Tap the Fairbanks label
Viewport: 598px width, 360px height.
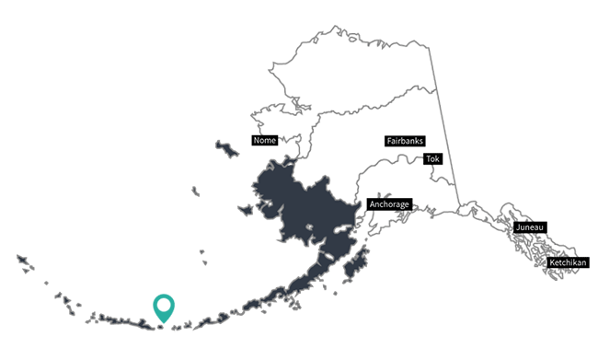click(x=405, y=142)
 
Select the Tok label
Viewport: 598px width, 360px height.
click(x=432, y=159)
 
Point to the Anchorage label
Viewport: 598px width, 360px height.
click(x=388, y=203)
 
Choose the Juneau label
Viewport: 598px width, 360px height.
click(x=531, y=226)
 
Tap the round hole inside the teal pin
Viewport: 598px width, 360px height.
click(x=164, y=305)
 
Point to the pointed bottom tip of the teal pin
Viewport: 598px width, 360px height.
click(x=164, y=323)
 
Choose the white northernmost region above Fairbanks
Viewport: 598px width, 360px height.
click(x=368, y=74)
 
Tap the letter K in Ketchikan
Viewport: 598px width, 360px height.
click(x=553, y=263)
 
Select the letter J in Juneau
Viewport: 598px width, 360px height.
click(x=519, y=226)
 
